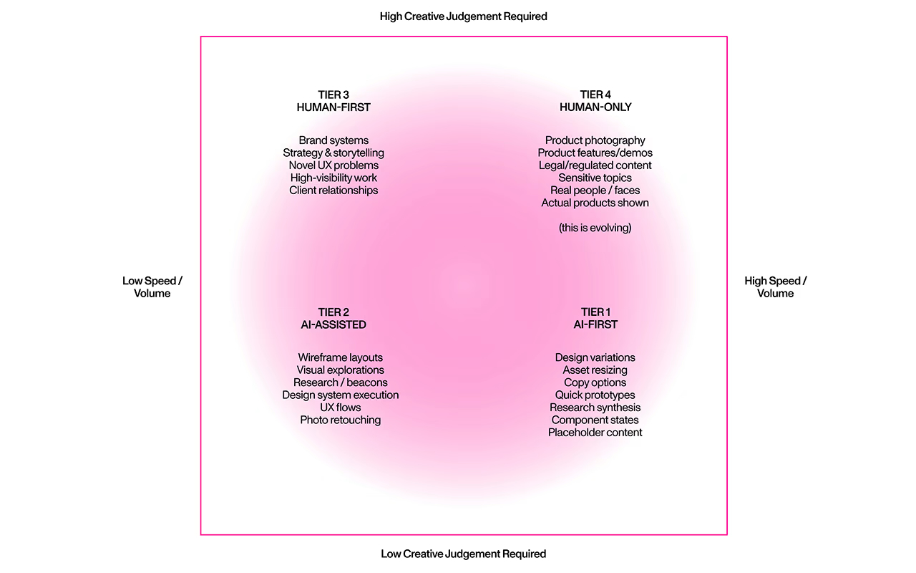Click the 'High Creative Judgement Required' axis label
click(463, 16)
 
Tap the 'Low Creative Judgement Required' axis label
click(463, 554)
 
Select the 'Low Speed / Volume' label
click(152, 287)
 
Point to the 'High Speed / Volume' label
click(775, 287)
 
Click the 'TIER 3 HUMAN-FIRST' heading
click(333, 101)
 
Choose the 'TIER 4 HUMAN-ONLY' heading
click(595, 101)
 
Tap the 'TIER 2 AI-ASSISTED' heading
click(333, 319)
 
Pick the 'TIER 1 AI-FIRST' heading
click(595, 319)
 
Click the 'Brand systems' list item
click(333, 140)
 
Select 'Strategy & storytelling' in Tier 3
click(333, 153)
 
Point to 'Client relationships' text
click(333, 191)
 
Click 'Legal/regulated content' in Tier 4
click(595, 165)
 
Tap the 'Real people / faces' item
click(595, 191)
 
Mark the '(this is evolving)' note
click(595, 228)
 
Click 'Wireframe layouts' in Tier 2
click(340, 357)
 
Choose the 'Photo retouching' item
click(340, 420)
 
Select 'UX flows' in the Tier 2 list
click(340, 408)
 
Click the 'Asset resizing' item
click(595, 370)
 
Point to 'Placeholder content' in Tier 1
click(595, 433)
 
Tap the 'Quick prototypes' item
click(595, 395)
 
